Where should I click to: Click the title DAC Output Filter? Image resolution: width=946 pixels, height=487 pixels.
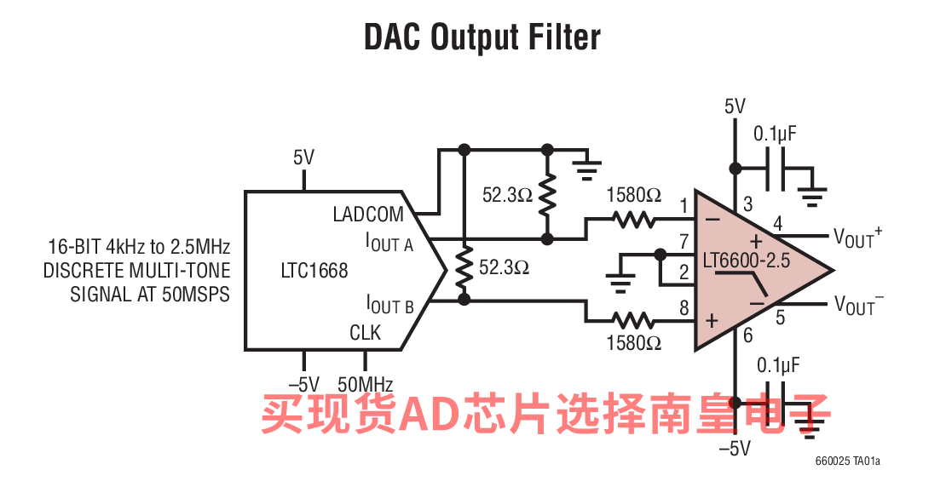pyautogui.click(x=482, y=37)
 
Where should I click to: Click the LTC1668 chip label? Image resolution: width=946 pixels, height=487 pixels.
pyautogui.click(x=314, y=270)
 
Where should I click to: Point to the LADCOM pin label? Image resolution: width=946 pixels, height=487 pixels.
pyautogui.click(x=368, y=214)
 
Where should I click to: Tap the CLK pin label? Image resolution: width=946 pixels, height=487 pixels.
pyautogui.click(x=365, y=332)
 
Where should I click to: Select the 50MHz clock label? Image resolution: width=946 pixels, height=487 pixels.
pyautogui.click(x=365, y=384)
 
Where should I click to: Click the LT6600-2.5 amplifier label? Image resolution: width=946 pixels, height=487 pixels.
pyautogui.click(x=747, y=261)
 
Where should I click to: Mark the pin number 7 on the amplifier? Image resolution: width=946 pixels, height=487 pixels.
pyautogui.click(x=684, y=241)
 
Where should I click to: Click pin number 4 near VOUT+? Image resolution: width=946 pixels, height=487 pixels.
pyautogui.click(x=777, y=224)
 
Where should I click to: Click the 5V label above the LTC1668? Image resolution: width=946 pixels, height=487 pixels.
pyautogui.click(x=303, y=158)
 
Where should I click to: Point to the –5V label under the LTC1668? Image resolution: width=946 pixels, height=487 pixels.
pyautogui.click(x=303, y=384)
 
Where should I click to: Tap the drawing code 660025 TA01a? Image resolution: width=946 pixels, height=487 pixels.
pyautogui.click(x=847, y=461)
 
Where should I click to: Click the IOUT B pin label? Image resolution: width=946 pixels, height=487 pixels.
pyautogui.click(x=389, y=305)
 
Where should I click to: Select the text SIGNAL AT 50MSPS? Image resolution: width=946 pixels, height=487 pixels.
pyautogui.click(x=150, y=294)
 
